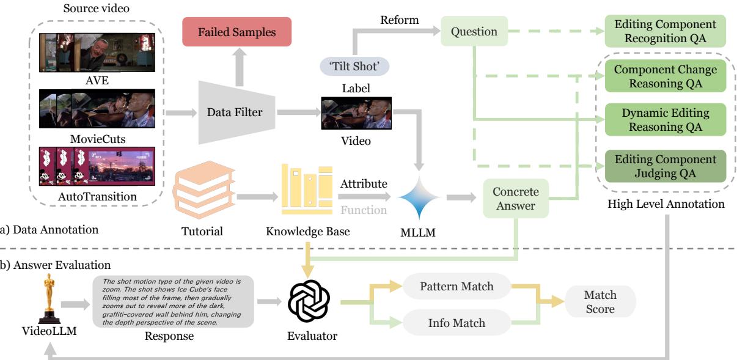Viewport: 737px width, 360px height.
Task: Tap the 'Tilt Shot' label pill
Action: pos(356,65)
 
